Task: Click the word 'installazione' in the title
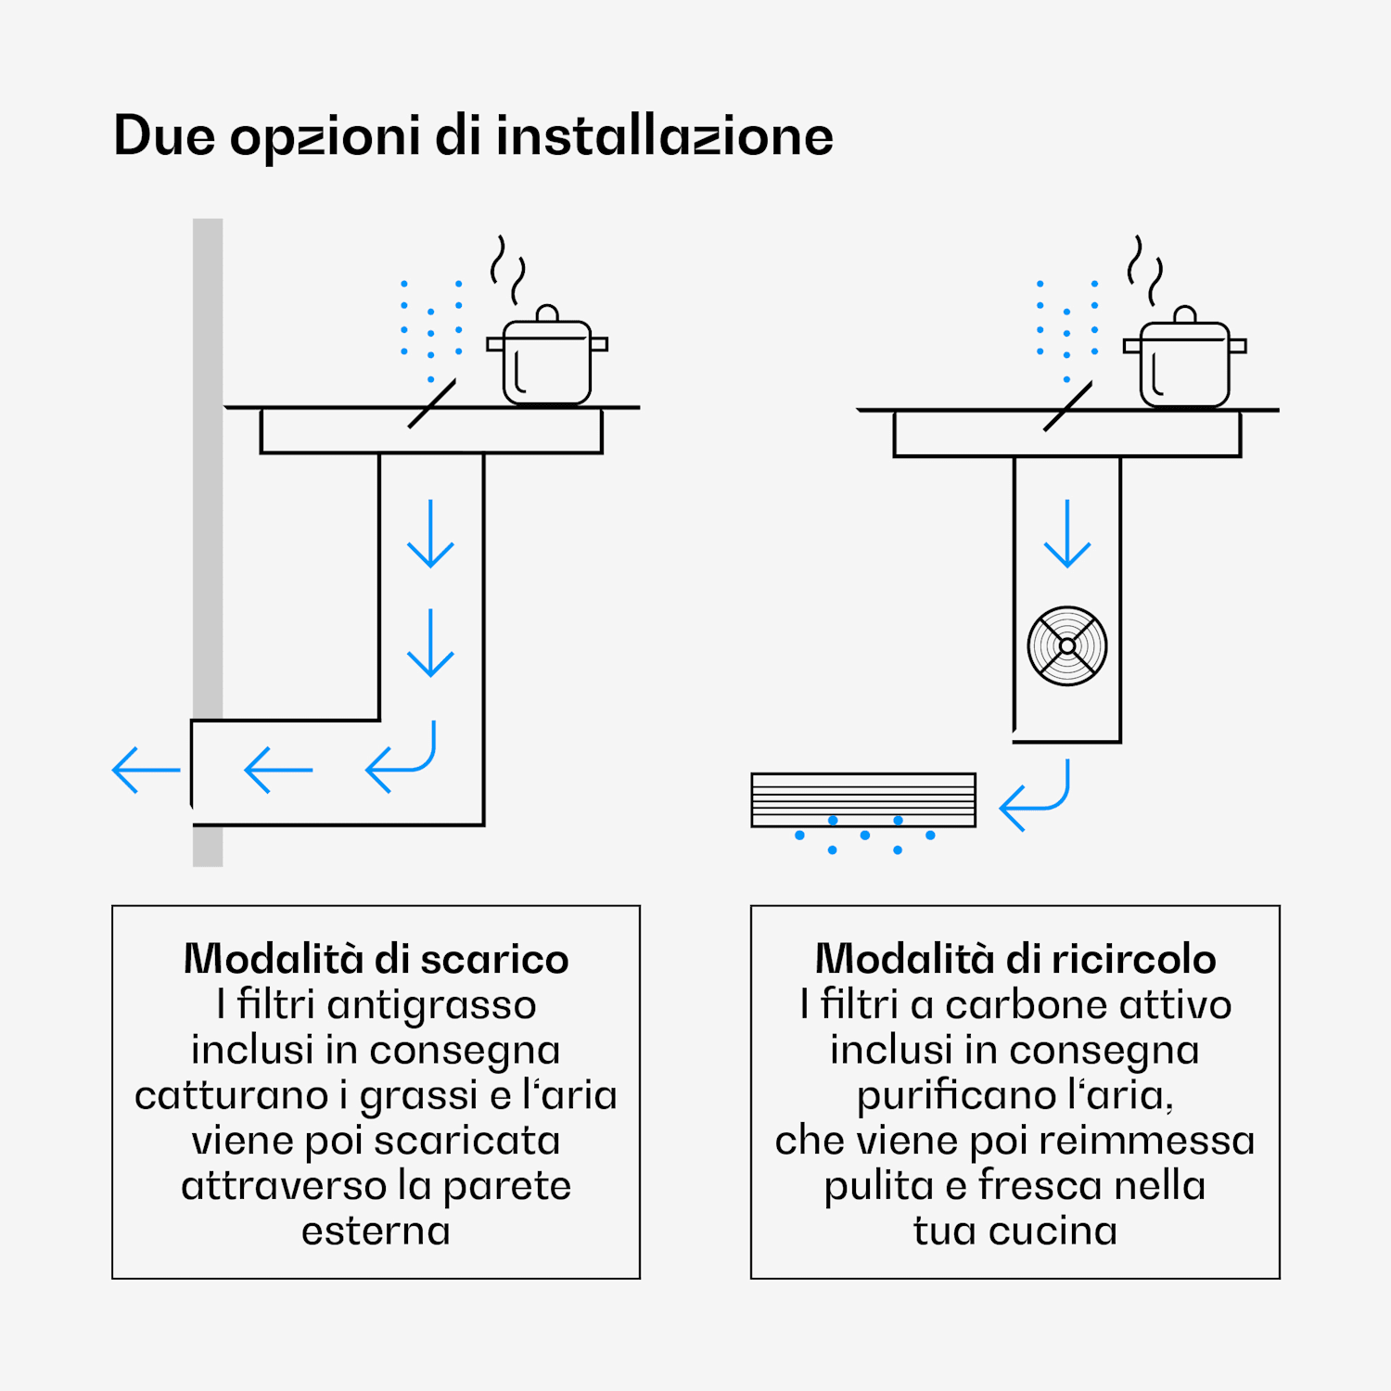[664, 136]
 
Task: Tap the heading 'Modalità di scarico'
[376, 959]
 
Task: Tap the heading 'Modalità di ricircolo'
[1015, 959]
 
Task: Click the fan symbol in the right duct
[1067, 646]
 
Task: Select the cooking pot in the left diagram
[547, 360]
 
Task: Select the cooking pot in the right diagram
[1184, 362]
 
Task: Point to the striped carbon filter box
[863, 799]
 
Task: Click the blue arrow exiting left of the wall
[146, 770]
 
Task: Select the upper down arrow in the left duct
[430, 534]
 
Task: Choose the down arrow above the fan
[1067, 534]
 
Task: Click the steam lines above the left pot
[508, 269]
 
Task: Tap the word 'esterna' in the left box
[376, 1231]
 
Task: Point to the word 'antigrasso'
[431, 1005]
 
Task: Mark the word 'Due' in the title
[164, 136]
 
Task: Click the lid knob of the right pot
[1184, 315]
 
